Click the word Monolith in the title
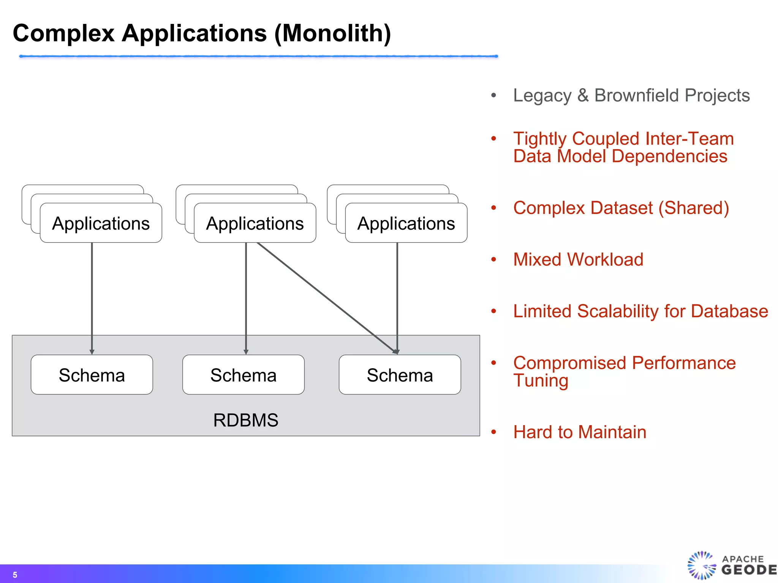pos(332,33)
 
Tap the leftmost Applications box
pos(101,223)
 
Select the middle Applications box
pos(255,223)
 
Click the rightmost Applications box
pos(406,223)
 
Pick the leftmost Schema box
pos(92,375)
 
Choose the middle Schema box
pos(244,375)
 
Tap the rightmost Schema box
pos(400,375)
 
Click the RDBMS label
pos(246,420)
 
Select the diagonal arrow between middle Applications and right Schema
pos(327,298)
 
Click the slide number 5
pos(15,575)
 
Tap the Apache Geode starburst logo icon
pos(701,566)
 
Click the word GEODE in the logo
pos(748,570)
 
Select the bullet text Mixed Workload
pos(578,260)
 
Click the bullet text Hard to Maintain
pos(579,432)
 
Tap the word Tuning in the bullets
pos(541,380)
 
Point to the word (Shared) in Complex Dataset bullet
pos(693,208)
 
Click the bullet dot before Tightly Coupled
pos(493,139)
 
